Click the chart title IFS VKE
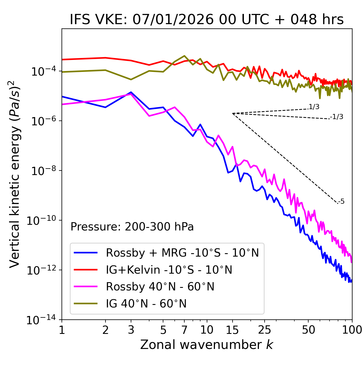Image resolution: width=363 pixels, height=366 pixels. (x=207, y=20)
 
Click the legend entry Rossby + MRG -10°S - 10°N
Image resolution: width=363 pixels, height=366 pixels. (x=182, y=253)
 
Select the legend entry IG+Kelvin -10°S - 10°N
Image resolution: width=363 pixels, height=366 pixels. (x=169, y=270)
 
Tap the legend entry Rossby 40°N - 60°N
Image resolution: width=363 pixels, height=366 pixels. (x=160, y=287)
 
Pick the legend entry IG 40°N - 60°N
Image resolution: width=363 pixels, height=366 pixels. (x=146, y=304)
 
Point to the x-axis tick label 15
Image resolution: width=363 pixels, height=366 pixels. (x=232, y=330)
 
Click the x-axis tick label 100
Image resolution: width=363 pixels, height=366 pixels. (x=352, y=330)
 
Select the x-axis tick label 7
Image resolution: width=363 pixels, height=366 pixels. (x=184, y=330)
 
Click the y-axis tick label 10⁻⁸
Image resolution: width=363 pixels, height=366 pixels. (x=43, y=171)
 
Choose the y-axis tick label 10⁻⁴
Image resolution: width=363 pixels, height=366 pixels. (x=43, y=71)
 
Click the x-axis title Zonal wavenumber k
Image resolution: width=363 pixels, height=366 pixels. (x=207, y=345)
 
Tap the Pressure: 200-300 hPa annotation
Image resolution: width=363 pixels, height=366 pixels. (x=132, y=227)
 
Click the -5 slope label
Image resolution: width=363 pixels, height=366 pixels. (x=341, y=202)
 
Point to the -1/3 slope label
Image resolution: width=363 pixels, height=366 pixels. (x=337, y=117)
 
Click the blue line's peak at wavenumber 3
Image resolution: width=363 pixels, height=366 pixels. (x=131, y=92)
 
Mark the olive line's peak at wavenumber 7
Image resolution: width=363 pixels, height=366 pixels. (x=184, y=56)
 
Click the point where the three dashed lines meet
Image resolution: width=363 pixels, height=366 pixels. (x=233, y=113)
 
